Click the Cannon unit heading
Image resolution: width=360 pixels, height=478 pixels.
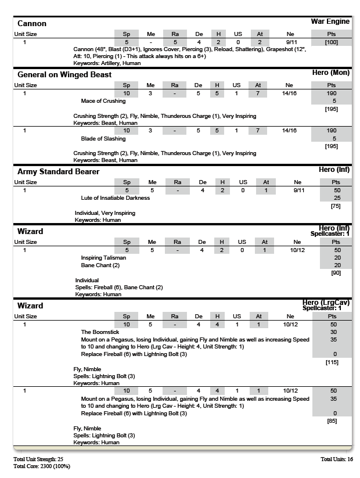[32, 24]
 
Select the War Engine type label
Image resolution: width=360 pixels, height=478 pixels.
[330, 21]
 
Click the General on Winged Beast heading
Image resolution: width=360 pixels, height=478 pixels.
[64, 75]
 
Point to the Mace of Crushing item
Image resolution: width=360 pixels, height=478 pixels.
[103, 101]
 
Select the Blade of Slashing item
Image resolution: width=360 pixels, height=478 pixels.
[103, 139]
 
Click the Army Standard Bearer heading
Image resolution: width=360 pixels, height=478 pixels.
[58, 172]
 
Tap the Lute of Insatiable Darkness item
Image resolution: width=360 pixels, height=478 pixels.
[116, 198]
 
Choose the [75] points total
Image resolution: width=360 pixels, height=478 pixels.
[335, 206]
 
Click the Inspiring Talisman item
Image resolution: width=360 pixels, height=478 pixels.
[103, 258]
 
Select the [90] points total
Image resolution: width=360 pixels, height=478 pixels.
[335, 273]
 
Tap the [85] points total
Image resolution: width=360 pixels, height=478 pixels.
[332, 421]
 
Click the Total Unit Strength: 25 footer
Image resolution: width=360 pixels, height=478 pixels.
[38, 459]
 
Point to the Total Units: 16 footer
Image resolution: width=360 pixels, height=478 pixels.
[336, 459]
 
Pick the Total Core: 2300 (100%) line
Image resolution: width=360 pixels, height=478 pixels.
[42, 466]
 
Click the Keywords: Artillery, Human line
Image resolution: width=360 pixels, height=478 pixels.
[107, 63]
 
